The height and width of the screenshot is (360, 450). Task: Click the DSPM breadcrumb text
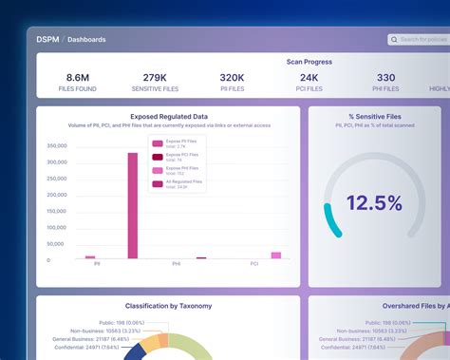[47, 40]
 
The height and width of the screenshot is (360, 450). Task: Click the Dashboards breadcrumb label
[86, 40]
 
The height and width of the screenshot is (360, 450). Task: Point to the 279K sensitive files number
[156, 79]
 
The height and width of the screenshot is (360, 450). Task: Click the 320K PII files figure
[232, 79]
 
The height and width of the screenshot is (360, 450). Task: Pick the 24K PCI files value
[309, 79]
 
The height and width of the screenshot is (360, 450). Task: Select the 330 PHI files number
[385, 79]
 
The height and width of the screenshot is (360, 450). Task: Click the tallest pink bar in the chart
[133, 205]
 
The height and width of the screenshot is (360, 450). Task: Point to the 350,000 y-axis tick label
[56, 146]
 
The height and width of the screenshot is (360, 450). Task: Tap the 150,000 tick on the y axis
[56, 211]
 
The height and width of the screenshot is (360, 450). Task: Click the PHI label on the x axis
[177, 264]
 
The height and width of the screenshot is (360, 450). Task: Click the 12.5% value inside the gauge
[374, 202]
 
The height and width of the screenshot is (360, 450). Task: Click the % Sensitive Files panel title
[374, 115]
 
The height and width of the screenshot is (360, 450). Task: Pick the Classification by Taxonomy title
[167, 306]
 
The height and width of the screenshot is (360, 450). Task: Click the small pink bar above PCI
[276, 255]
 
